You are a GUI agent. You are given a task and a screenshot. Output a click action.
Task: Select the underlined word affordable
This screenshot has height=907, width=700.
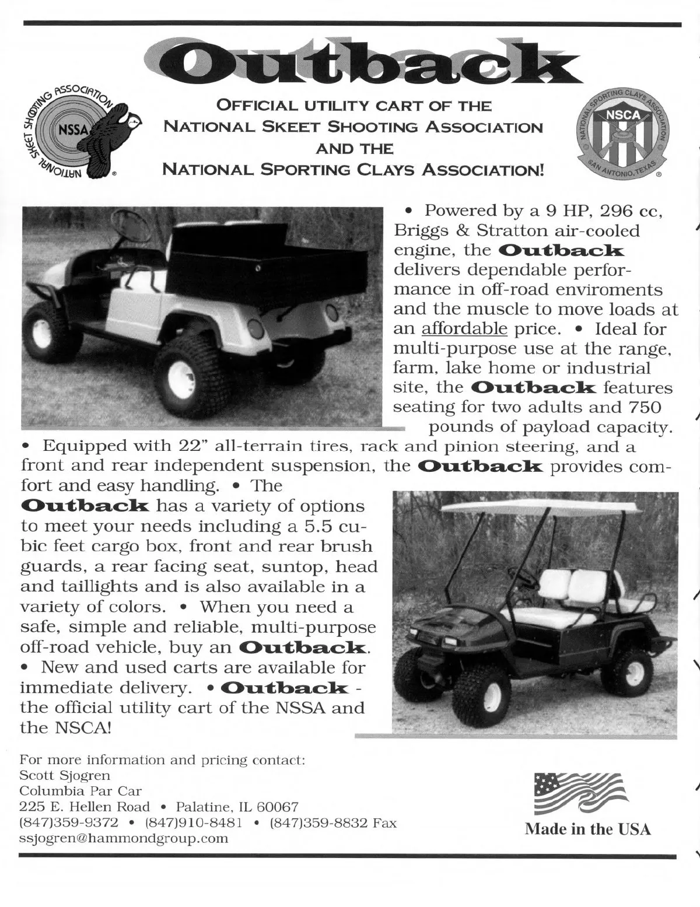464,329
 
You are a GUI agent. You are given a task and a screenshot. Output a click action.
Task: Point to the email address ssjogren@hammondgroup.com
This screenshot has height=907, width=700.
124,839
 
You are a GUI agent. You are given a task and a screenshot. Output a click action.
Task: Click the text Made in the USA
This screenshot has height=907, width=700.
587,829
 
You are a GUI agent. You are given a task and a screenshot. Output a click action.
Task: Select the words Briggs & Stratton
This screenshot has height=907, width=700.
460,231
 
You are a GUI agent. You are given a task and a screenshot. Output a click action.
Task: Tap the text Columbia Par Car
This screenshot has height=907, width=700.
80,792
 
